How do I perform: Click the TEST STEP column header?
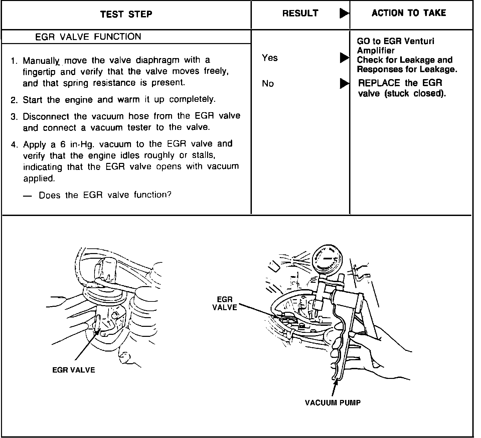pos(126,14)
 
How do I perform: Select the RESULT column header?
pos(300,13)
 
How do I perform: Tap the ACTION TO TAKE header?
pos(409,13)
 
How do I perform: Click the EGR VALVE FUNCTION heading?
pos(88,37)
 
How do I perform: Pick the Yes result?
pos(270,58)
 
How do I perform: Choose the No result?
pos(268,84)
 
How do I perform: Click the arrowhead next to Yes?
pos(344,58)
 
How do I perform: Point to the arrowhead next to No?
pos(344,83)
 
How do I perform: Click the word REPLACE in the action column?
pos(379,83)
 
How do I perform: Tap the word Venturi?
pos(419,41)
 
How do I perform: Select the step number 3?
pos(13,117)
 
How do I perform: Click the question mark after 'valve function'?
pos(169,194)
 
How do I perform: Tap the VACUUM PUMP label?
pos(333,403)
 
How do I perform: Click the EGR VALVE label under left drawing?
pos(73,370)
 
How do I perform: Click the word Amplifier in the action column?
pos(375,51)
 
